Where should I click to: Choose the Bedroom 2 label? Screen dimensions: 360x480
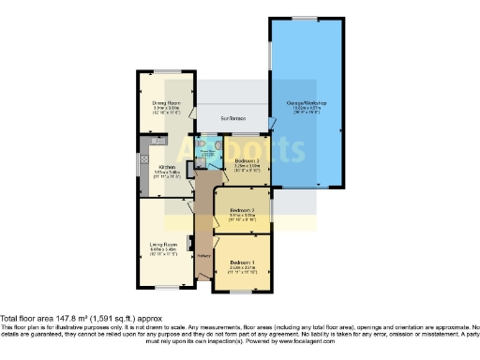coord(242,210)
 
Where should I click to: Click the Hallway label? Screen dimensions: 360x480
coord(202,253)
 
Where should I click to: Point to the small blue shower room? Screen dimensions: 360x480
coord(208,151)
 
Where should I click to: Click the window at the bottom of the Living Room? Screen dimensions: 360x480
coord(164,282)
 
